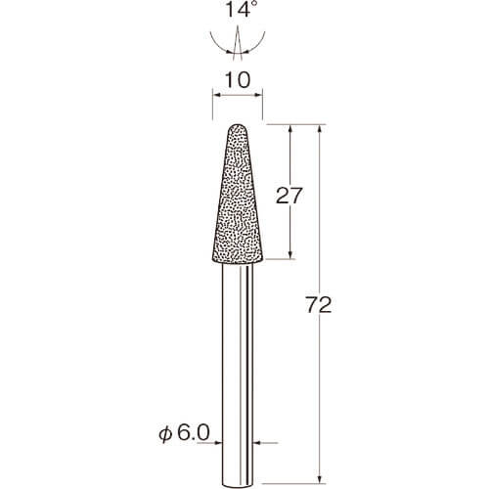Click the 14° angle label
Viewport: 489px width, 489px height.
click(x=238, y=9)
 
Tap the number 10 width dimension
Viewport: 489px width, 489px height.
click(x=238, y=80)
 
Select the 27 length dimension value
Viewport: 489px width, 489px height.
click(x=289, y=196)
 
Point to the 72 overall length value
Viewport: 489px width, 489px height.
click(x=319, y=305)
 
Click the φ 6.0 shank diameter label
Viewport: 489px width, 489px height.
click(x=184, y=433)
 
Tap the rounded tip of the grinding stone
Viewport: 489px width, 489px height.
click(x=238, y=125)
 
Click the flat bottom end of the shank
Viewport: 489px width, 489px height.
click(x=238, y=487)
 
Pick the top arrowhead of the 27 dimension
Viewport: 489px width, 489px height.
click(x=290, y=129)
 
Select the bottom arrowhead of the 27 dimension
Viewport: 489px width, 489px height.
click(x=290, y=254)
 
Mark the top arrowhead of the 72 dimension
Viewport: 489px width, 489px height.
click(x=320, y=129)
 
